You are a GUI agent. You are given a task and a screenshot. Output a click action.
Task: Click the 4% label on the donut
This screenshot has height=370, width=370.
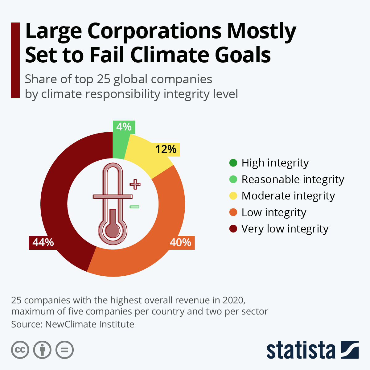point(124,127)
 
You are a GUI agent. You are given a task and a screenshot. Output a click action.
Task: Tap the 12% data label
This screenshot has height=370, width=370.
point(166,150)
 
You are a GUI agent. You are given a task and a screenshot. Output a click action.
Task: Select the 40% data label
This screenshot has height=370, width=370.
point(180,243)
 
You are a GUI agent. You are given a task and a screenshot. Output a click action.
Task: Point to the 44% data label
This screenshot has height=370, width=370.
point(43,243)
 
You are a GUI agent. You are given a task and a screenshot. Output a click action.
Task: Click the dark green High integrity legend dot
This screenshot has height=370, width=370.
point(233,163)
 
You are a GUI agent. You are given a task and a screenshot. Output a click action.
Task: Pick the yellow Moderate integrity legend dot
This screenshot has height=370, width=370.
point(233,196)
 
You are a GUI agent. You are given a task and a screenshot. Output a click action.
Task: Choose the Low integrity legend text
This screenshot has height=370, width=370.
point(274,212)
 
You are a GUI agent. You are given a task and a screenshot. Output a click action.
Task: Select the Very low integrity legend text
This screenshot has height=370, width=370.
point(285,229)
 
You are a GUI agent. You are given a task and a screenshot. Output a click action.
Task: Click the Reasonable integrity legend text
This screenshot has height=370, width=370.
point(293,179)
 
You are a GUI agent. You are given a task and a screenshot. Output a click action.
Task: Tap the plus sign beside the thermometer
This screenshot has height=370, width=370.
point(135,184)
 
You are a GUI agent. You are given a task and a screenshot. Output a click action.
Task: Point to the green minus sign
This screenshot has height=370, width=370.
point(134,207)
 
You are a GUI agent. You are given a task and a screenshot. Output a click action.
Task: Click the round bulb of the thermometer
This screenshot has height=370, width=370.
point(113,230)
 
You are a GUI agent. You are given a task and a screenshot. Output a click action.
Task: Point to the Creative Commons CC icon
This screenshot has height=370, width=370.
point(20,350)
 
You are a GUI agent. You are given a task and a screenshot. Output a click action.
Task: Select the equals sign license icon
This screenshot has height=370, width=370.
point(65,350)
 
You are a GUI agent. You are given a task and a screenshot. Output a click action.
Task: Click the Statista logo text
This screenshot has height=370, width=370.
point(301,350)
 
